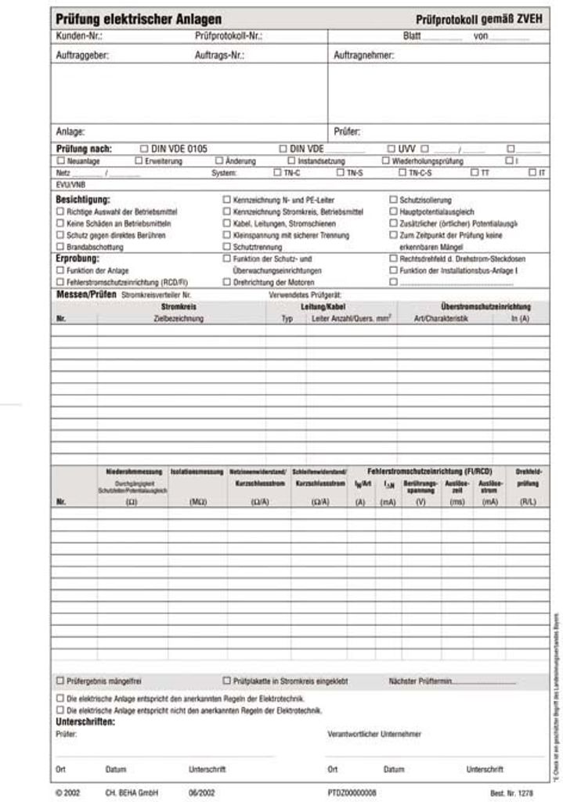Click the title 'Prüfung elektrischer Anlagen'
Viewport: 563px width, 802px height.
[x=139, y=20]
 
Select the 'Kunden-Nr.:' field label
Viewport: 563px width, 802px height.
[x=79, y=36]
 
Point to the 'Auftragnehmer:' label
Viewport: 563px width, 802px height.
[x=363, y=56]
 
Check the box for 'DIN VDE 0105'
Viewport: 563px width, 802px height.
[x=143, y=148]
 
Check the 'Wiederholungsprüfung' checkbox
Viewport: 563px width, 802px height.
[x=385, y=161]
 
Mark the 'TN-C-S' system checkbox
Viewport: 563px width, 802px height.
[x=402, y=172]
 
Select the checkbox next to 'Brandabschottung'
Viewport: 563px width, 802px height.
[x=60, y=247]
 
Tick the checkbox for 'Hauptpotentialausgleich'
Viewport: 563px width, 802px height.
[x=393, y=211]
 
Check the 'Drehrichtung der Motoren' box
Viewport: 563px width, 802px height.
[x=226, y=282]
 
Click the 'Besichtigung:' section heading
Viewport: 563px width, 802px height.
[x=83, y=200]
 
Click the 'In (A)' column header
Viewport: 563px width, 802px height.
[x=519, y=320]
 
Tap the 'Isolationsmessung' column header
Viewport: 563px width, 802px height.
[x=197, y=472]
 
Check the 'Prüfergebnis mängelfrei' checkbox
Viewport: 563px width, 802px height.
[x=60, y=681]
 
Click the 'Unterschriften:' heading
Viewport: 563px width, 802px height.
[x=85, y=721]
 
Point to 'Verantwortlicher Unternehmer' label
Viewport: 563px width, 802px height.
[x=374, y=734]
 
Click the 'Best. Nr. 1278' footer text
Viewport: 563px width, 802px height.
[x=511, y=793]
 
